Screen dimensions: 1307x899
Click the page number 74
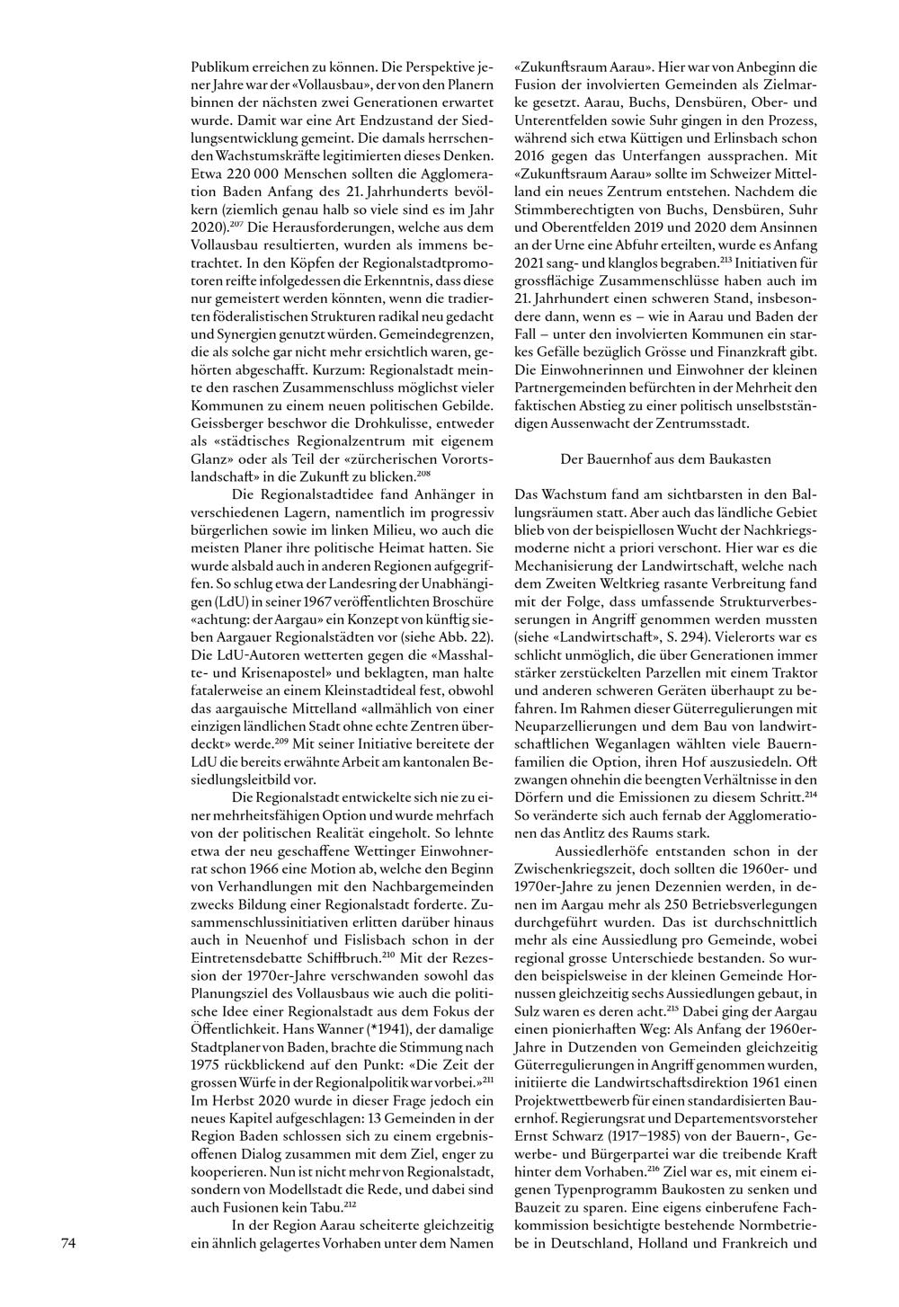[68, 1244]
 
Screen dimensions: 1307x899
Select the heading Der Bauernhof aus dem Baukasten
[665, 458]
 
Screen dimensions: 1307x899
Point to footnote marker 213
[727, 259]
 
